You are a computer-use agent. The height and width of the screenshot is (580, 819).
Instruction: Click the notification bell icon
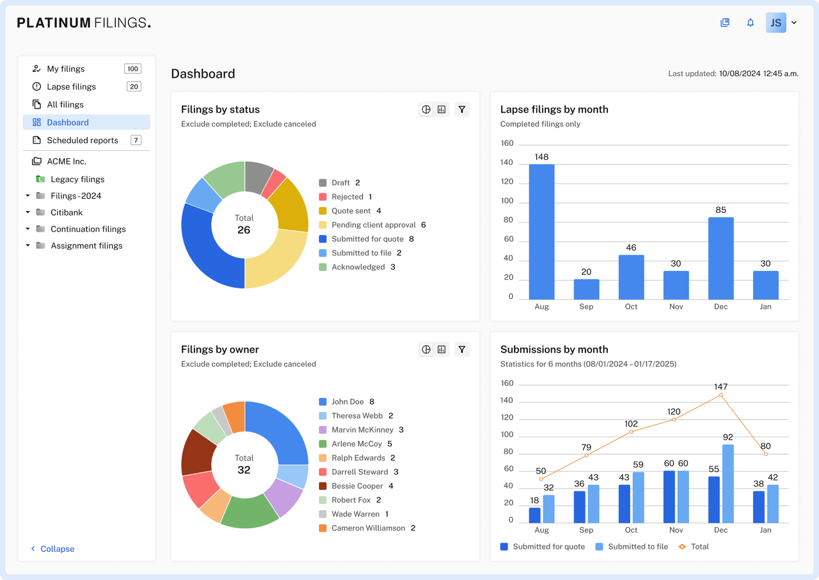[750, 23]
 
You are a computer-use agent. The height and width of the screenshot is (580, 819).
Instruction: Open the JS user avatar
[776, 23]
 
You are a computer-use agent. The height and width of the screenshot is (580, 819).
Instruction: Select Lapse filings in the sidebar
[71, 87]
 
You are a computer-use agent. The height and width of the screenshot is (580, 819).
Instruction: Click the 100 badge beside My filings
[133, 69]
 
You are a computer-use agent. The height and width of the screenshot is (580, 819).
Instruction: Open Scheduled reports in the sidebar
[82, 140]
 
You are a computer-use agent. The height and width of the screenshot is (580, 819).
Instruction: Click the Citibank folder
[66, 212]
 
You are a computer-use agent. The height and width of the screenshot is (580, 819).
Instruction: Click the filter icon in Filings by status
[462, 109]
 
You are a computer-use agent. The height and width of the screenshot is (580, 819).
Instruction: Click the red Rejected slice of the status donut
[274, 183]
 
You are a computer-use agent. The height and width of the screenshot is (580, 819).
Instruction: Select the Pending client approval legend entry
[372, 225]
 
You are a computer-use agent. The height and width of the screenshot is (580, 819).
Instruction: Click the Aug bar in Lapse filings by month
[541, 232]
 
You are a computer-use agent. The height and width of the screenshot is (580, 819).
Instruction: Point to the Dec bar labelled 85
[721, 258]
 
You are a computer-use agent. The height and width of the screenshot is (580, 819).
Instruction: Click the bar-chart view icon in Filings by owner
[441, 349]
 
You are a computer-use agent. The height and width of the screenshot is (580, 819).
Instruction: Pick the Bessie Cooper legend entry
[356, 486]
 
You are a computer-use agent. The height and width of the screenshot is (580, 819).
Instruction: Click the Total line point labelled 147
[721, 395]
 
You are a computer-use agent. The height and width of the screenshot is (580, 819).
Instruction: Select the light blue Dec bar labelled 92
[728, 484]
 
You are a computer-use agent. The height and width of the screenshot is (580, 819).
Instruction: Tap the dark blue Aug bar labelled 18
[534, 515]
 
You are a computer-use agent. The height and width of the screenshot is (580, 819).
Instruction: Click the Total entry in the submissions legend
[694, 547]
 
